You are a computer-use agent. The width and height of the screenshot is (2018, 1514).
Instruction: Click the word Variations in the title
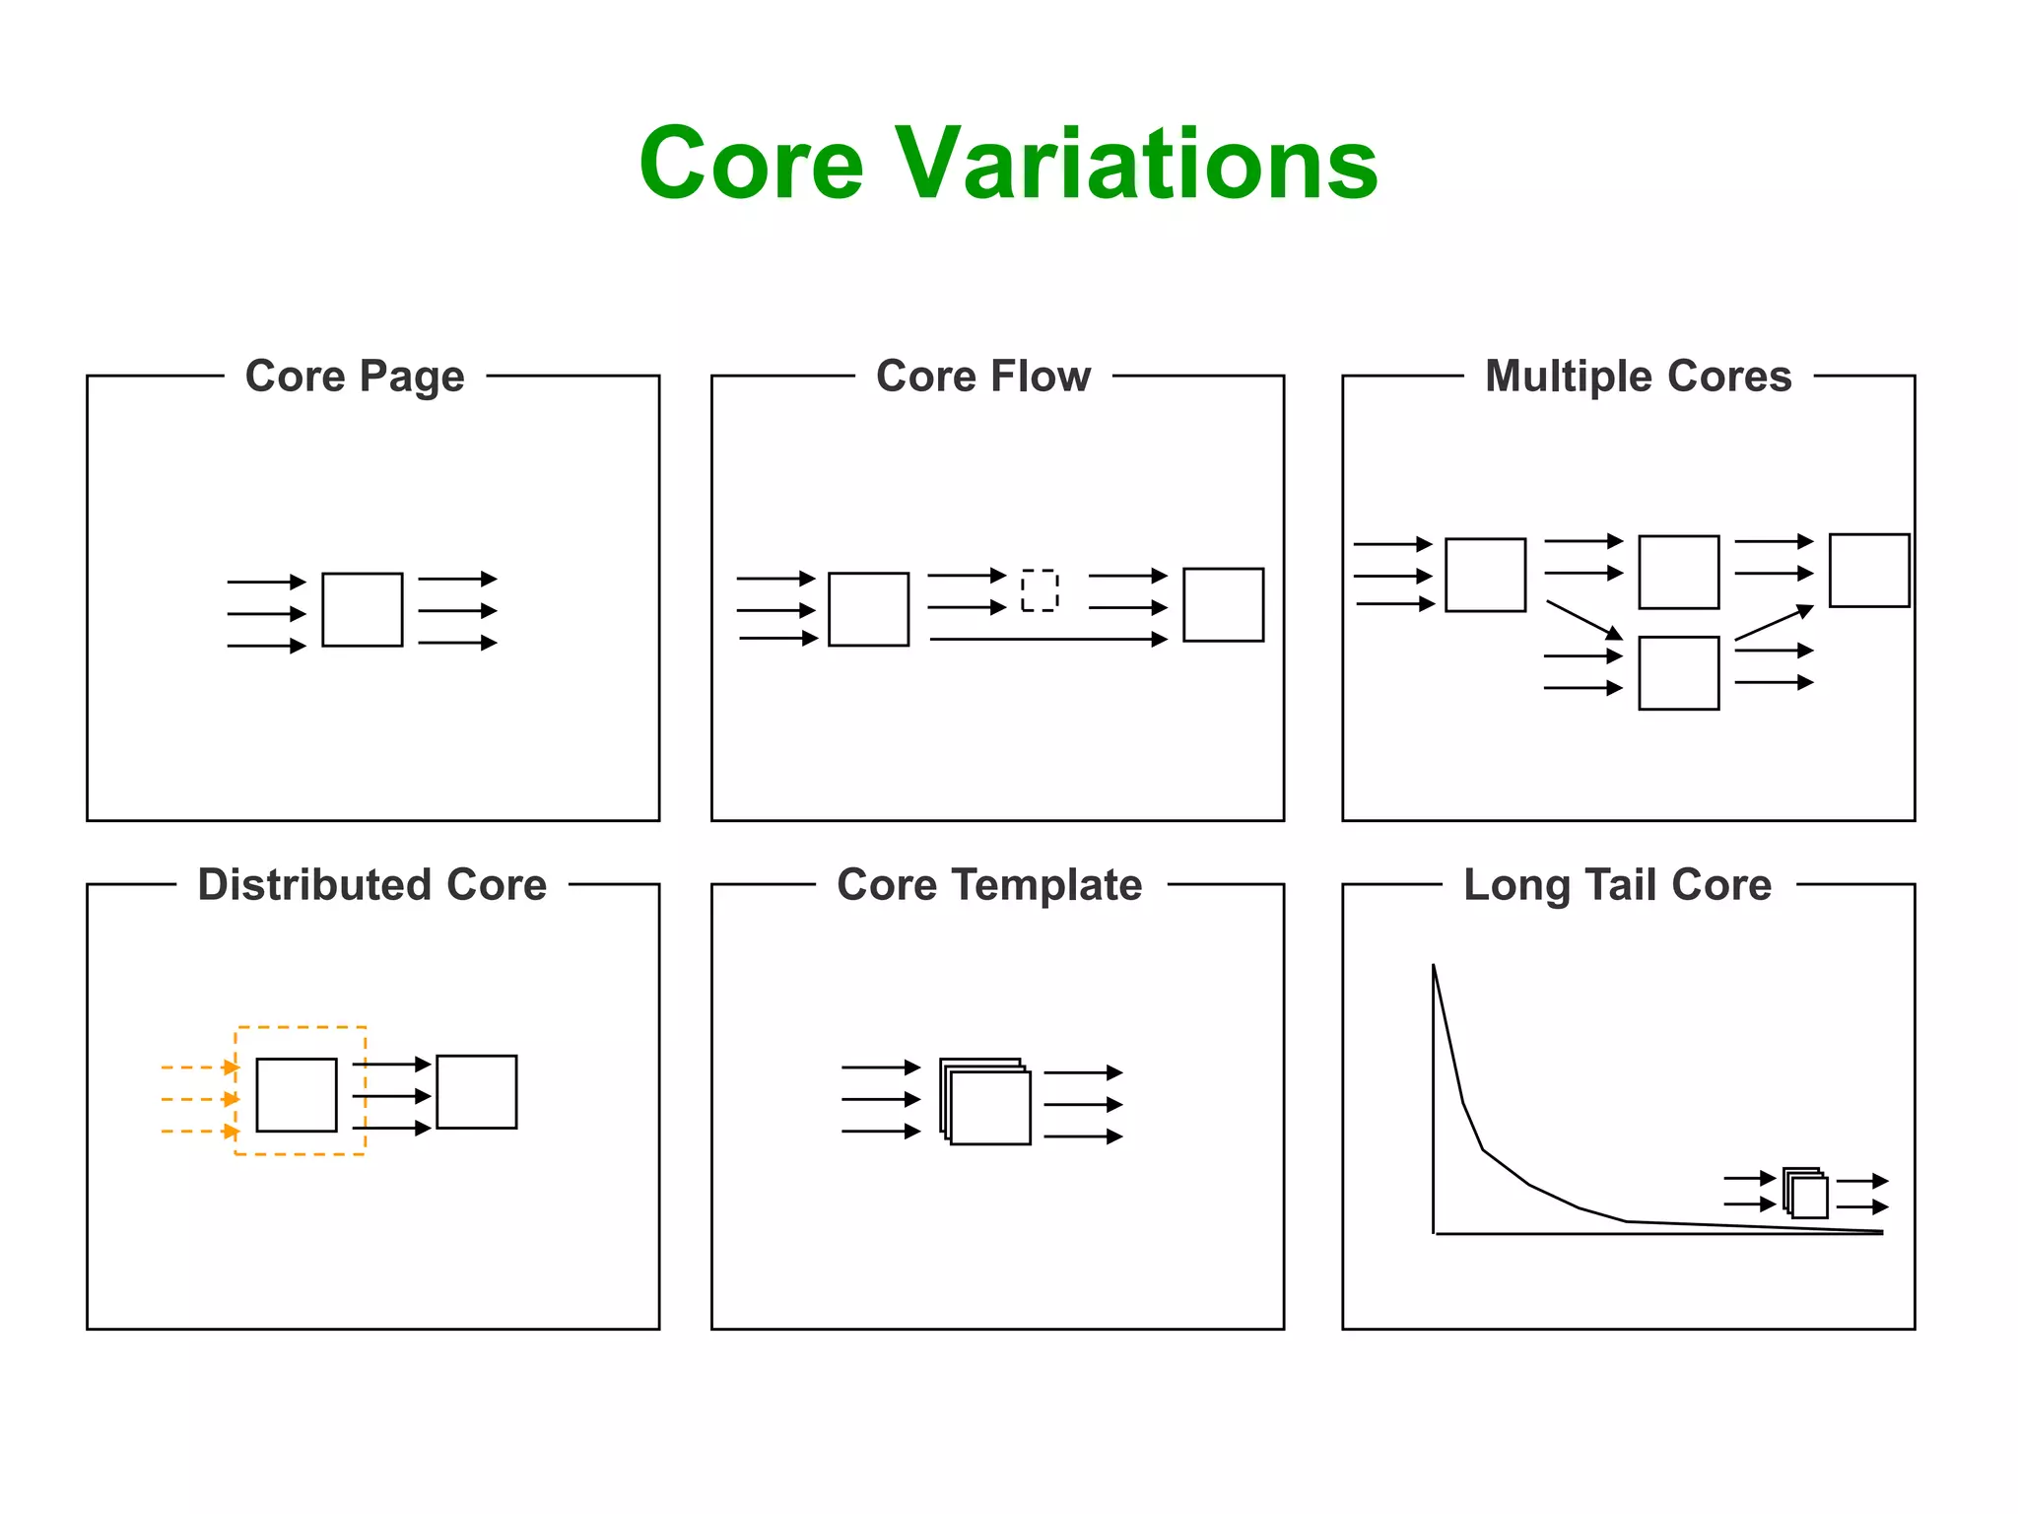[x=1135, y=164]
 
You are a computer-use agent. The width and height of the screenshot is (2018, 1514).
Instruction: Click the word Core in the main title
[x=751, y=164]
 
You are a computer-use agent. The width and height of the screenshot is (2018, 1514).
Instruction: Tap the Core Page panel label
[x=355, y=377]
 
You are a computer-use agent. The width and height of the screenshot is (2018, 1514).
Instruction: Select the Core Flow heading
[x=983, y=377]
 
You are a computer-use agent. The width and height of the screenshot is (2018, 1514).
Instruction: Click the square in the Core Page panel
[x=363, y=609]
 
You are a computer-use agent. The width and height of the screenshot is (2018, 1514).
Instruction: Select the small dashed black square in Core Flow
[x=1040, y=590]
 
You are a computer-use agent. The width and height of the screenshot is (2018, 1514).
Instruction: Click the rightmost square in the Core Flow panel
[x=1223, y=604]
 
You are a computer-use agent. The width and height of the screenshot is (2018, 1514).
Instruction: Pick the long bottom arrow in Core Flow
[x=1047, y=640]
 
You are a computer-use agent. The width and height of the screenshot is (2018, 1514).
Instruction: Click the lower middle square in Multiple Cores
[x=1678, y=673]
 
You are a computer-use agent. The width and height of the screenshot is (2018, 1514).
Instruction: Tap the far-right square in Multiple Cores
[x=1868, y=571]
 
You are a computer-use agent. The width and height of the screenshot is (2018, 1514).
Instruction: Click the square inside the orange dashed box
[x=297, y=1094]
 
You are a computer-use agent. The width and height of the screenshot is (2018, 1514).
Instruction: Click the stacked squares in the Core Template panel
[x=986, y=1102]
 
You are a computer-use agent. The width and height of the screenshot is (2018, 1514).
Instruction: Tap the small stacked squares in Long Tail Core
[x=1805, y=1194]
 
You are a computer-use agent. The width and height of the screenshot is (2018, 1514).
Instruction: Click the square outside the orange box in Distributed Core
[x=476, y=1091]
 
